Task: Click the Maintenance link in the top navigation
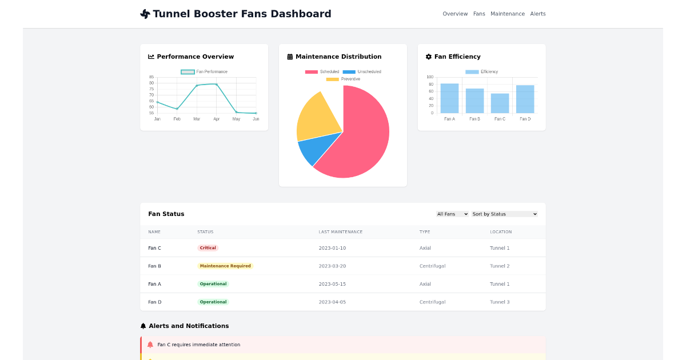(507, 14)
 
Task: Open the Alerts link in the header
(537, 14)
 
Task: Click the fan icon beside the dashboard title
(145, 14)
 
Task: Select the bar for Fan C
(500, 103)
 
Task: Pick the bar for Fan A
(449, 98)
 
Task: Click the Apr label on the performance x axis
(216, 119)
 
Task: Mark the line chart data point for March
(197, 86)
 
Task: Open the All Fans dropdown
(452, 214)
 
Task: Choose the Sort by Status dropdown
(504, 214)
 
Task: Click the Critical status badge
(208, 248)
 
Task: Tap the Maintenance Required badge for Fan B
(225, 266)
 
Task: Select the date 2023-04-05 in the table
(332, 302)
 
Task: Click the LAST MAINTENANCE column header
(341, 232)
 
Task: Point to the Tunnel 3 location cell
(500, 302)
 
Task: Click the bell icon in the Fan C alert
(150, 345)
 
